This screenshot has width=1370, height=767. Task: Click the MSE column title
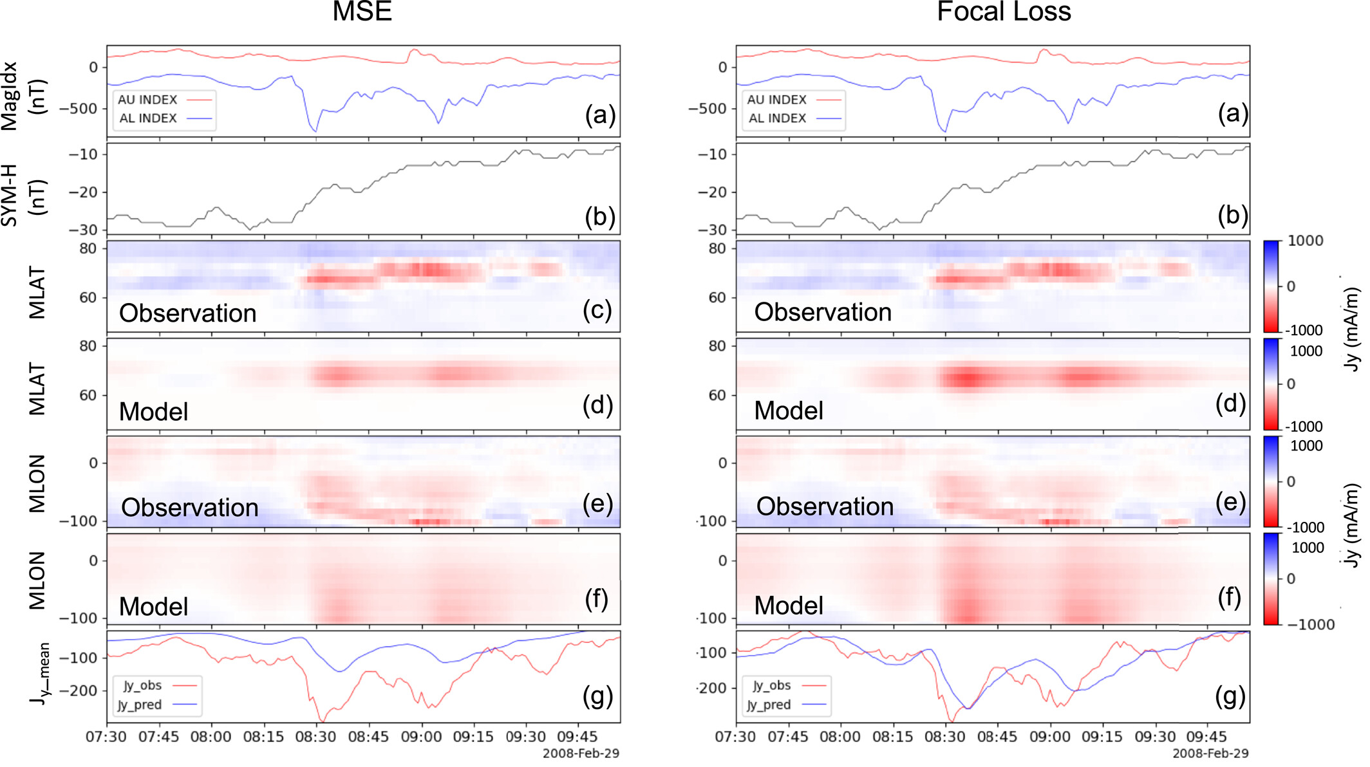pyautogui.click(x=362, y=12)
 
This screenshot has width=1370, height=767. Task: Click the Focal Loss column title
pyautogui.click(x=1003, y=12)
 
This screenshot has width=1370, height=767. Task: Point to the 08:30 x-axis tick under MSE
pyautogui.click(x=315, y=737)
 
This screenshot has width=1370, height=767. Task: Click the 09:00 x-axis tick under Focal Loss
pyautogui.click(x=1049, y=737)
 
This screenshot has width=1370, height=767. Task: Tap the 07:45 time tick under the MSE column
pyautogui.click(x=158, y=737)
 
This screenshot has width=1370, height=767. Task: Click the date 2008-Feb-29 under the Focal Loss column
pyautogui.click(x=1210, y=753)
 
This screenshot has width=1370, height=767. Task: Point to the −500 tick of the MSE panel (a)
pyautogui.click(x=79, y=108)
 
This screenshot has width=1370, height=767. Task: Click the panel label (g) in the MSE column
pyautogui.click(x=597, y=696)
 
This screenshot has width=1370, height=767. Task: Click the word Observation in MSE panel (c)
pyautogui.click(x=188, y=313)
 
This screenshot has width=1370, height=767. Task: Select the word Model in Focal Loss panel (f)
pyautogui.click(x=789, y=605)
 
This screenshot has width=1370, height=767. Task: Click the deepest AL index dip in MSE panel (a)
pyautogui.click(x=315, y=131)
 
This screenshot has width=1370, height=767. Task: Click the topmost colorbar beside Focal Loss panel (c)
pyautogui.click(x=1271, y=286)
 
